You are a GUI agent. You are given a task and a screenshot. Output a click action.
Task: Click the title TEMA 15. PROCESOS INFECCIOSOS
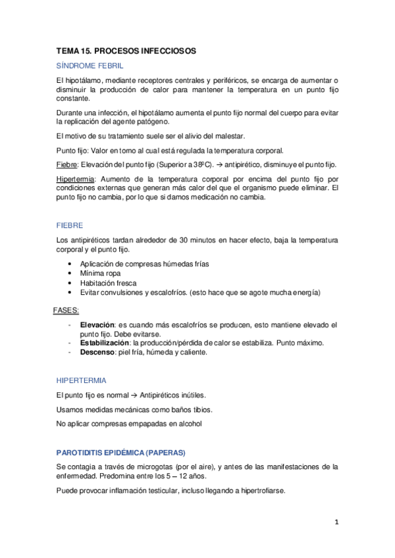tap(126, 51)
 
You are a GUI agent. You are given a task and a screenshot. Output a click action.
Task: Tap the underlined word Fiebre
tap(67, 164)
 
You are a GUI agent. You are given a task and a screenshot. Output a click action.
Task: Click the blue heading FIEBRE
tap(69, 224)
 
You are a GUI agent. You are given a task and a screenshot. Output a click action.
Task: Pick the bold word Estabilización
tap(105, 343)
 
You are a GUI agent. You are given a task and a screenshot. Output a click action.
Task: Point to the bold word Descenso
tap(98, 352)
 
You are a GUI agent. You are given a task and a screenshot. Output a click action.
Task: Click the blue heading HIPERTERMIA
tap(81, 380)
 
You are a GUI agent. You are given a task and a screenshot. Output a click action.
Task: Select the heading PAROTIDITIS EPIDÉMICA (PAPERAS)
tap(120, 452)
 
